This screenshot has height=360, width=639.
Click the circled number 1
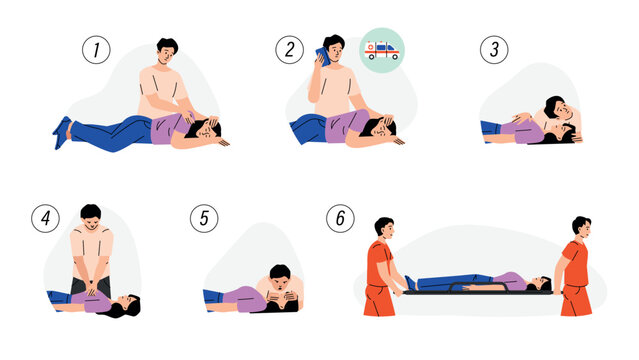[96, 49]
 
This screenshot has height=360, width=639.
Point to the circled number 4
[45, 219]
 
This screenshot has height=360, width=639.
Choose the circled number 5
[206, 219]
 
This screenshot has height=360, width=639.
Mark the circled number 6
[341, 219]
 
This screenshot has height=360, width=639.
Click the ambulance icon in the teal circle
[382, 49]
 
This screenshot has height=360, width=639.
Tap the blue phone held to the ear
[322, 55]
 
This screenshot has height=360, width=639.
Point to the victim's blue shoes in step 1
[62, 132]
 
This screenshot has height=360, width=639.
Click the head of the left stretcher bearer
[383, 228]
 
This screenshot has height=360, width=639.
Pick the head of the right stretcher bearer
[581, 228]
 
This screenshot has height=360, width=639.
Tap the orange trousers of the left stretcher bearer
[378, 298]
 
